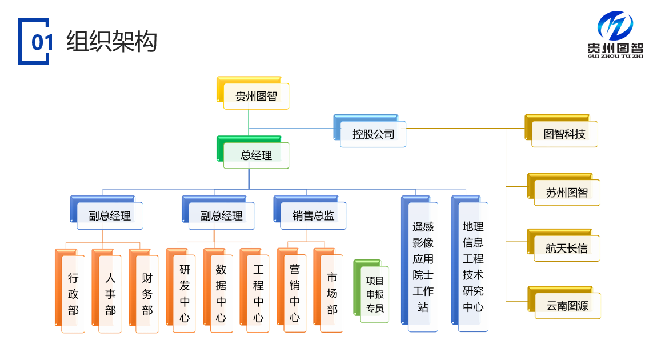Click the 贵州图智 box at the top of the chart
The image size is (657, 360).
point(256,96)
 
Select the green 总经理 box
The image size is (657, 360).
point(256,155)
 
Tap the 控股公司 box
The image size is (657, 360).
point(373,134)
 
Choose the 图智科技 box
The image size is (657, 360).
point(564,134)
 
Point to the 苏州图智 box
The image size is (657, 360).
point(567,193)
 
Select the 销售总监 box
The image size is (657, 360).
point(313,215)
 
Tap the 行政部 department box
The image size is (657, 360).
point(73,294)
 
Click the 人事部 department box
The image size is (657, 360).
point(110,294)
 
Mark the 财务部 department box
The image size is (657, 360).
point(147,294)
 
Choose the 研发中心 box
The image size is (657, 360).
point(185,293)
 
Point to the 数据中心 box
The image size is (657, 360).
point(221,293)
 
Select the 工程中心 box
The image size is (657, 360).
point(258,293)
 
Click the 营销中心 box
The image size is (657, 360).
point(295,293)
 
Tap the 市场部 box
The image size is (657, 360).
point(332,293)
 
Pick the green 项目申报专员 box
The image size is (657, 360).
point(375,294)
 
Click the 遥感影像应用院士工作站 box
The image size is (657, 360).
point(423,267)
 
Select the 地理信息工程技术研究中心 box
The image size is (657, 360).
point(473,267)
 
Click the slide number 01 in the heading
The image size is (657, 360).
point(42,42)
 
